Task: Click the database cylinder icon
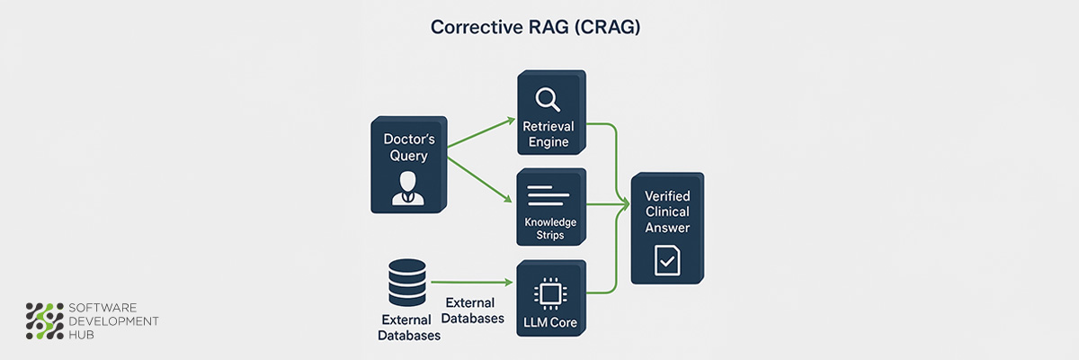[406, 283]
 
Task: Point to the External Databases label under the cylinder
[410, 328]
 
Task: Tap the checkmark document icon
[666, 260]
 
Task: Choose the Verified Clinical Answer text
[667, 211]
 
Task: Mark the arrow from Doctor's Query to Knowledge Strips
[481, 178]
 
